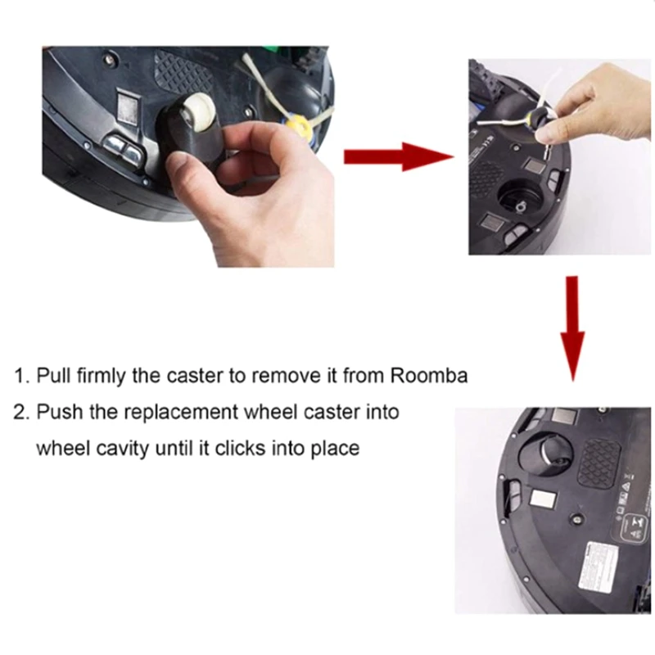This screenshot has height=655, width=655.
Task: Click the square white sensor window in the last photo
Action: (544, 498)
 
